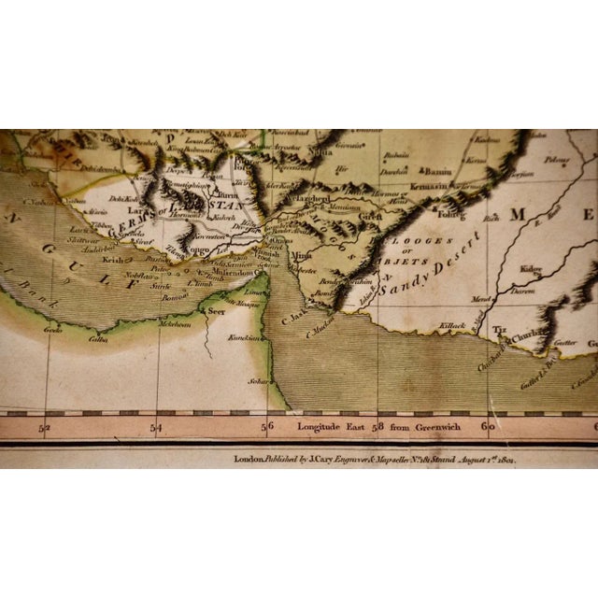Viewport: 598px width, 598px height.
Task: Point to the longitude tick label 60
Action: coord(487,427)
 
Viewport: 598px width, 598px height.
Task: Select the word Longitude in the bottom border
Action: coord(321,427)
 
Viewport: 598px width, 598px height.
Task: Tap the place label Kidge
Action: coord(533,269)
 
